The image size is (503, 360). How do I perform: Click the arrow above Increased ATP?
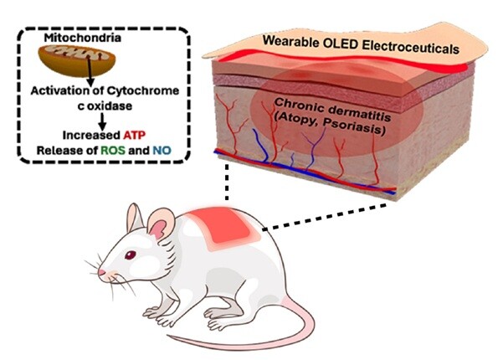click(101, 121)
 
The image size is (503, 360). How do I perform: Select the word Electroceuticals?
click(409, 49)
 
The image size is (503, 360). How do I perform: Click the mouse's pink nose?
click(101, 274)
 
